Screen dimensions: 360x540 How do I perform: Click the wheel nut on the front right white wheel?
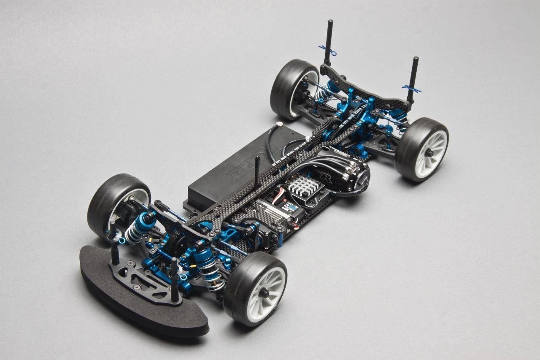coord(264,293)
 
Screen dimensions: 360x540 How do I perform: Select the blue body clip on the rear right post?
coord(411,89)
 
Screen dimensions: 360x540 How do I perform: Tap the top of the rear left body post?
coord(329,22)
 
